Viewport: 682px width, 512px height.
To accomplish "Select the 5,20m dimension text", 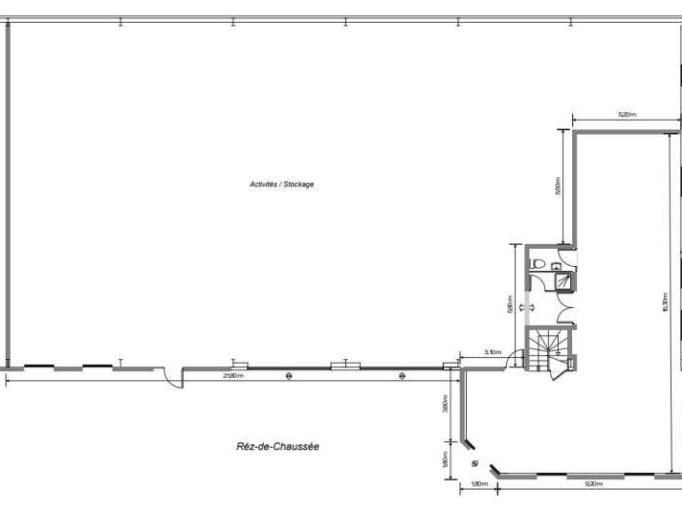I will pyautogui.click(x=627, y=115).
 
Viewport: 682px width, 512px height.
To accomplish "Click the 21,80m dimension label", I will pyautogui.click(x=231, y=376).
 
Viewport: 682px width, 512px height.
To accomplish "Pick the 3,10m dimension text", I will pyautogui.click(x=492, y=352).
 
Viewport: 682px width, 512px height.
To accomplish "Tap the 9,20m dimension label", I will pyautogui.click(x=593, y=485).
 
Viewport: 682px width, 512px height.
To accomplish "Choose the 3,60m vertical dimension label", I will pyautogui.click(x=445, y=405).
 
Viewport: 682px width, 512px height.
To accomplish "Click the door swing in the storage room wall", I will pyautogui.click(x=172, y=378).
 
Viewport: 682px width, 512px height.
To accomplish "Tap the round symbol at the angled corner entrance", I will pyautogui.click(x=475, y=462).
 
